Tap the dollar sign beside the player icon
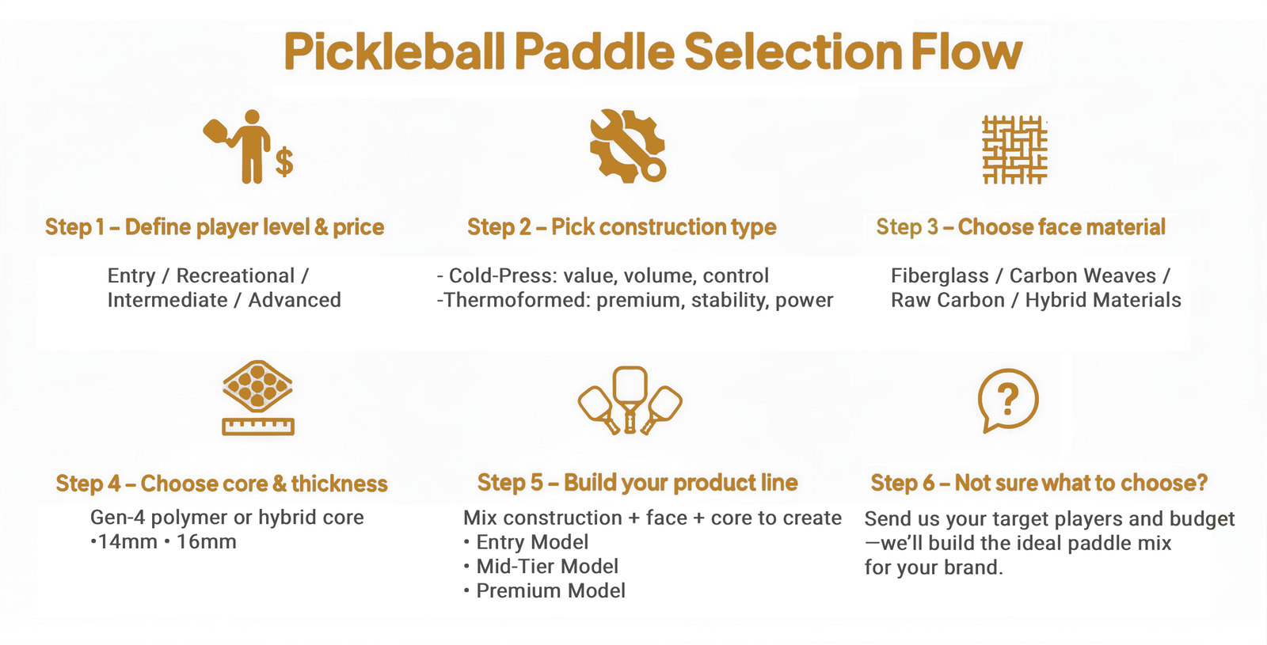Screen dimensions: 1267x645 (x=284, y=161)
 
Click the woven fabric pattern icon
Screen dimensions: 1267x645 (x=1014, y=150)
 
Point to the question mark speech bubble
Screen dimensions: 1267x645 (x=1008, y=400)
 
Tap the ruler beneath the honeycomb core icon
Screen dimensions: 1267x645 (x=258, y=427)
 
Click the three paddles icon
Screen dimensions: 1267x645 (x=630, y=400)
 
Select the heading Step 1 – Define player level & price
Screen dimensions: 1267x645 (x=215, y=227)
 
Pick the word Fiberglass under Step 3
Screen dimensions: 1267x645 (x=939, y=276)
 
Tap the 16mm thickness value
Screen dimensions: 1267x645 (x=207, y=541)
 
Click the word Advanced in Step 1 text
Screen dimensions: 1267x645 (x=294, y=300)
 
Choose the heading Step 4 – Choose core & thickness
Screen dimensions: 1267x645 (x=222, y=484)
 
